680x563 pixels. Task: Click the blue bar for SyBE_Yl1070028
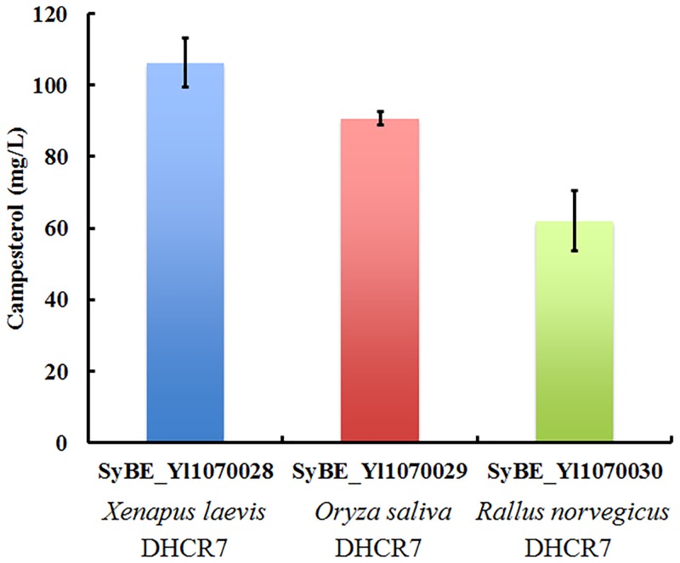click(185, 255)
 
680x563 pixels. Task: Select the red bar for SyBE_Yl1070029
click(379, 280)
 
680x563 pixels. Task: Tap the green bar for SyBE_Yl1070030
click(575, 331)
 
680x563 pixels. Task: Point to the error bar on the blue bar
click(185, 62)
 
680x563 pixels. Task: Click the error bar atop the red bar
click(380, 118)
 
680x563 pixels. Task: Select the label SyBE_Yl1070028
click(185, 472)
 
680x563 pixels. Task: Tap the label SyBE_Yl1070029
click(381, 472)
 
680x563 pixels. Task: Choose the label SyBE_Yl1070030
click(575, 472)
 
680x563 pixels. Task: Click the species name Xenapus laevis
click(185, 512)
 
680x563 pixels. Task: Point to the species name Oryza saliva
click(381, 513)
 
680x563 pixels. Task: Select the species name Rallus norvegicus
click(575, 513)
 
